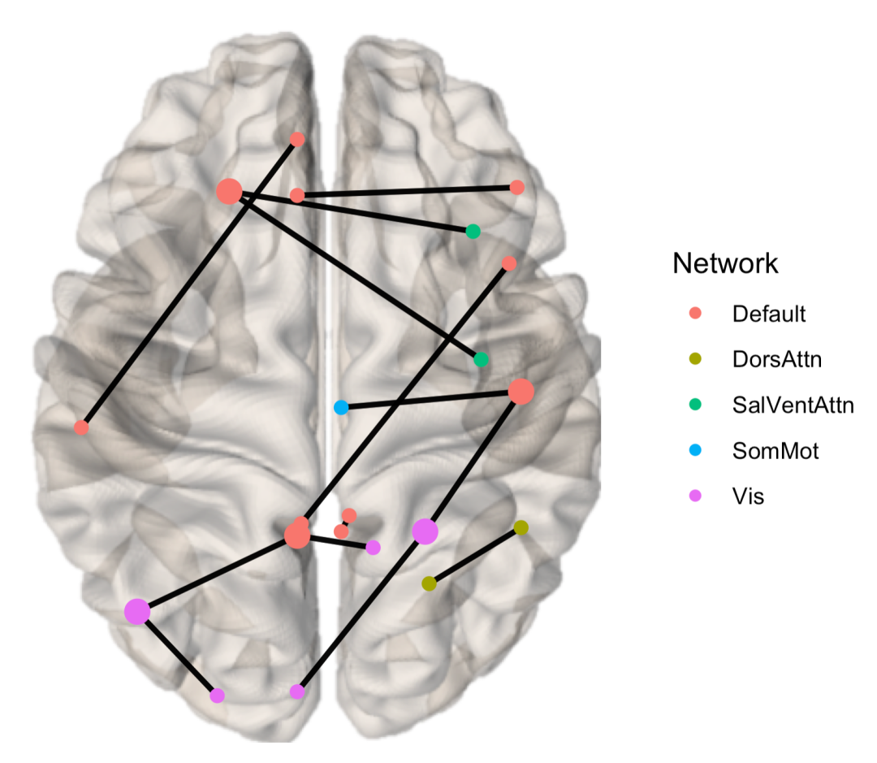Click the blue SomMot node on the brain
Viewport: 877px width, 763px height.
tap(341, 406)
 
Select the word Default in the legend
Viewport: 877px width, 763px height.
tap(768, 314)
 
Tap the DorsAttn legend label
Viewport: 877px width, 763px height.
tap(776, 358)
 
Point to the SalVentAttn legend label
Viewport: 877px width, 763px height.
tap(793, 405)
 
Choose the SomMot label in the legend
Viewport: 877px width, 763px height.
tap(775, 451)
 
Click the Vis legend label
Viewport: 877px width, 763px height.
tap(748, 496)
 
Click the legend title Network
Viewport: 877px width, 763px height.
tap(725, 263)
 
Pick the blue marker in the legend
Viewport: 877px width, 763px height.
tap(695, 451)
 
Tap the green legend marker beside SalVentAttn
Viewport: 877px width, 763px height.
tap(695, 405)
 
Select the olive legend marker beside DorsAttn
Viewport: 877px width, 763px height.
tap(695, 358)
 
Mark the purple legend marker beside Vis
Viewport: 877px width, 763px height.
tap(695, 496)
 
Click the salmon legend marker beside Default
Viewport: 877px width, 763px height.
tap(695, 313)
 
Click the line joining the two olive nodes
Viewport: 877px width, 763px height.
tap(475, 556)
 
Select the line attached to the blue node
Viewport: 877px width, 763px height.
tap(430, 399)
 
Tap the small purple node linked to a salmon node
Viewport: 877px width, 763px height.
tap(373, 548)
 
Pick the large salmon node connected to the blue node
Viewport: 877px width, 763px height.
tap(521, 392)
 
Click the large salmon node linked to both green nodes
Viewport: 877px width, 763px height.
tap(229, 192)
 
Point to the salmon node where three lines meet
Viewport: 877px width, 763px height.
tap(297, 535)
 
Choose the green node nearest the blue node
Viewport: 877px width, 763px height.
tap(481, 359)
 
